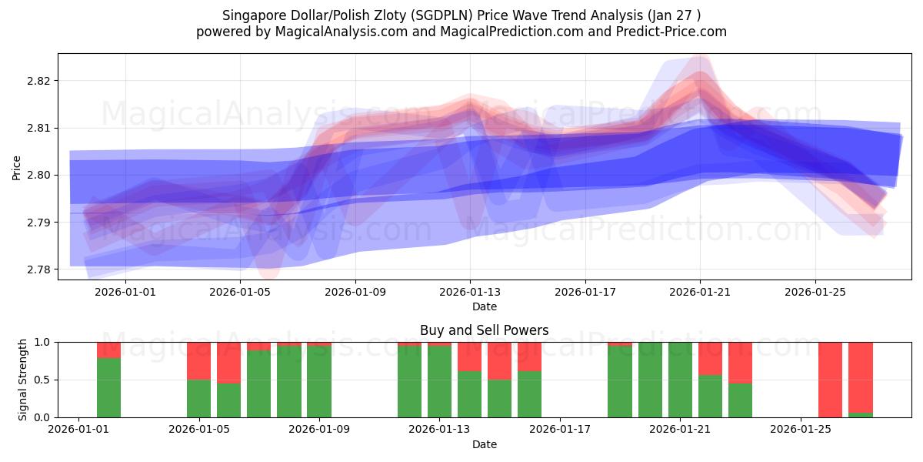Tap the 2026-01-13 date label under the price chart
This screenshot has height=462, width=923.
click(x=470, y=292)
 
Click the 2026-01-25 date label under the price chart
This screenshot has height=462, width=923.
click(x=815, y=292)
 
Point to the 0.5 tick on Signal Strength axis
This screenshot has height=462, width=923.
click(x=42, y=380)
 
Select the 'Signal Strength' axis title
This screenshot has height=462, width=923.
click(x=23, y=379)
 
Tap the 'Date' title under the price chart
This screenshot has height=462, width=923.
click(x=485, y=306)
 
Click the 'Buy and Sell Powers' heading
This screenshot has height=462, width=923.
click(x=485, y=330)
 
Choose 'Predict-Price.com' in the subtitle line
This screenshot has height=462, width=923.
click(x=674, y=32)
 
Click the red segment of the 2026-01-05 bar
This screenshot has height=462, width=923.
click(x=199, y=360)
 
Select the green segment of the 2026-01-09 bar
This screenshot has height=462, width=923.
click(x=319, y=382)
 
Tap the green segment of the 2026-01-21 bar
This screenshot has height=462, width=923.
click(x=681, y=380)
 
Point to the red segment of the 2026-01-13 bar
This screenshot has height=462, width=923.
click(x=440, y=344)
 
